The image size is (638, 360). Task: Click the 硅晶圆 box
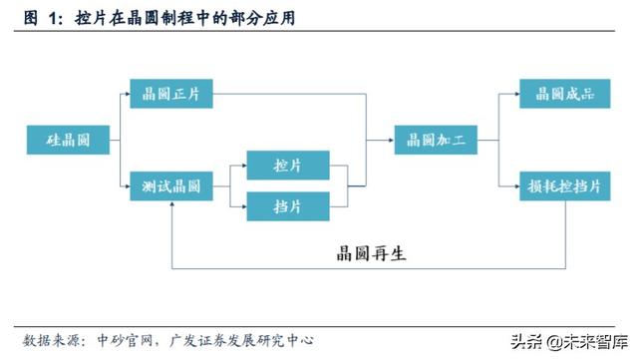click(x=68, y=141)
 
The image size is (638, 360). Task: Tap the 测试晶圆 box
click(x=172, y=186)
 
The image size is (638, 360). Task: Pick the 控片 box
click(x=289, y=164)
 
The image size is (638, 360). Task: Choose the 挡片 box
click(x=289, y=206)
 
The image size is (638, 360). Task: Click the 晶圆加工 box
click(x=437, y=141)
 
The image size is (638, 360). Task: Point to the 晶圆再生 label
click(x=371, y=253)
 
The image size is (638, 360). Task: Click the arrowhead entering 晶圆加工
click(x=389, y=141)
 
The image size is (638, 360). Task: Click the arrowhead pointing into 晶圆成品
click(x=515, y=96)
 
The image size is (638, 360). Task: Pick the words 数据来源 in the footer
click(x=50, y=339)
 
